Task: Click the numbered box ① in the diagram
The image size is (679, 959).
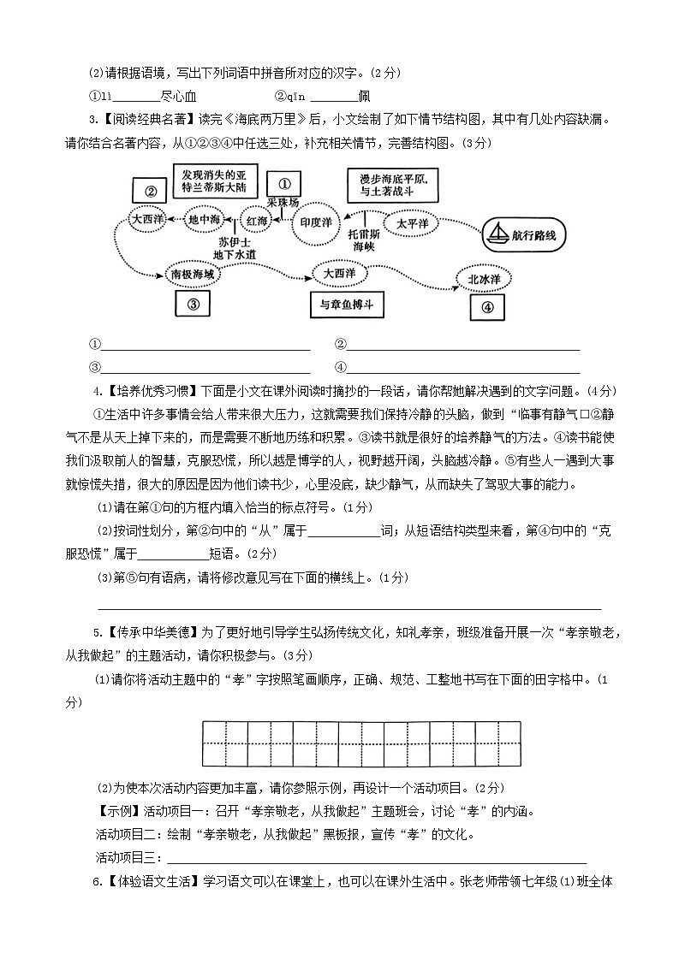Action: click(285, 182)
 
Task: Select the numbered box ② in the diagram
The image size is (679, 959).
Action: click(150, 192)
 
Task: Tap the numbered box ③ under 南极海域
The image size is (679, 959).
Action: click(193, 304)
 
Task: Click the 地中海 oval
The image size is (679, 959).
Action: click(205, 220)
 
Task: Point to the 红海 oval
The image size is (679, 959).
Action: click(258, 221)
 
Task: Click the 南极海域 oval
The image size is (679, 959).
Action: click(193, 274)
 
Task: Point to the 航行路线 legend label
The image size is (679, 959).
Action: click(539, 235)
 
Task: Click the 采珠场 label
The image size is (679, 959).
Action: click(283, 203)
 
